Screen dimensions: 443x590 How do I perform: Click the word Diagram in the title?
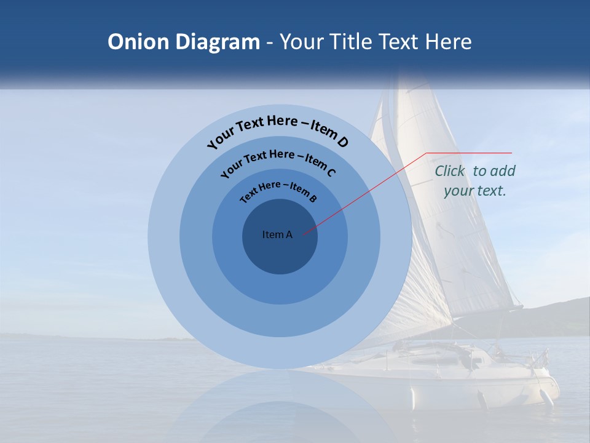click(218, 42)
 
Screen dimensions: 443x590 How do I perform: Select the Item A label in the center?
click(277, 234)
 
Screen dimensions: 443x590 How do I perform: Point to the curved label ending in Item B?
click(278, 191)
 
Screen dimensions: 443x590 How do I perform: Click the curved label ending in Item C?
click(278, 161)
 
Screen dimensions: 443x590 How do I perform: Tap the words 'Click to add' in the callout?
click(475, 171)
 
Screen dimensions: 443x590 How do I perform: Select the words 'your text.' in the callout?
click(475, 191)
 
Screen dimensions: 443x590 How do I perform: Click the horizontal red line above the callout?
click(469, 153)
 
